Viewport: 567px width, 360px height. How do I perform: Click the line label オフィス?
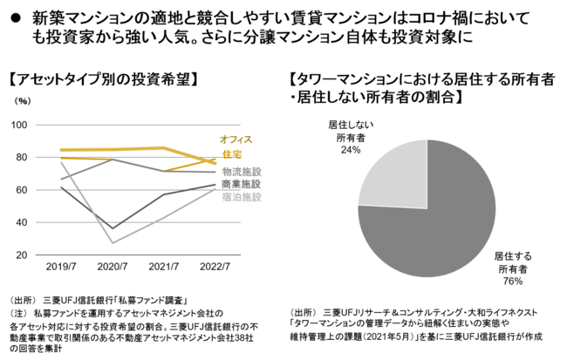point(236,139)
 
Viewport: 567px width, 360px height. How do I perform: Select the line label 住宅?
point(232,155)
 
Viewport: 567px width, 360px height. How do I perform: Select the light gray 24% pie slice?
point(393,175)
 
